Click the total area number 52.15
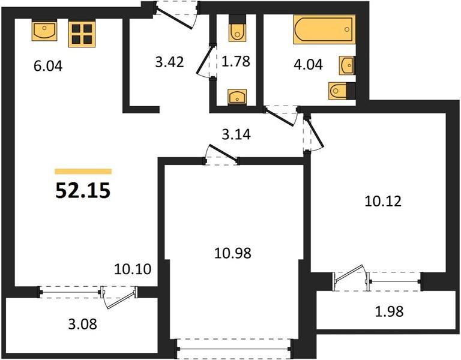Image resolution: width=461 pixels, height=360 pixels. [x=83, y=190]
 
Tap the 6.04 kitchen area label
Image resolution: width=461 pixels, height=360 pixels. [x=48, y=66]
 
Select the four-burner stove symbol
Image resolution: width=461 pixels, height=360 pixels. [x=82, y=34]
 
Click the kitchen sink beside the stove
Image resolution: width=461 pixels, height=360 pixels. [x=44, y=31]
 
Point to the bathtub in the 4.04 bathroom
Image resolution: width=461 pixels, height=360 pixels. [x=324, y=29]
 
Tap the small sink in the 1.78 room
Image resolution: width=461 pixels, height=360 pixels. [x=238, y=97]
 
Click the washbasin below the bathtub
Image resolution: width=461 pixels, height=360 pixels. [x=348, y=65]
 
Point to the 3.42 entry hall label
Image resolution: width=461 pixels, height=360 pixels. [x=170, y=62]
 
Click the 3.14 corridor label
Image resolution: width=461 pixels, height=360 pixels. [x=236, y=134]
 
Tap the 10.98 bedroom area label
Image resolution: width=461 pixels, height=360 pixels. [x=232, y=253]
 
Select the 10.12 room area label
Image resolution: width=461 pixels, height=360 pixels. [x=383, y=202]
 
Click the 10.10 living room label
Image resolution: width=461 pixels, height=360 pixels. [x=133, y=269]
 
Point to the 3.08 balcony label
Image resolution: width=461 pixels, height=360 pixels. [x=83, y=325]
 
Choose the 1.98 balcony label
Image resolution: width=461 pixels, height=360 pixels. [x=389, y=311]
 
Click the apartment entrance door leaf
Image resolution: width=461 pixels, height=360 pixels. [x=173, y=18]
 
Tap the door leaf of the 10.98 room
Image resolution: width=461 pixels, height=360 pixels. [x=223, y=153]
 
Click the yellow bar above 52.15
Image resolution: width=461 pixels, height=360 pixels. [x=83, y=172]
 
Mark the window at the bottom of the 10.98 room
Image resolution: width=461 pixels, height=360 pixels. [x=235, y=349]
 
